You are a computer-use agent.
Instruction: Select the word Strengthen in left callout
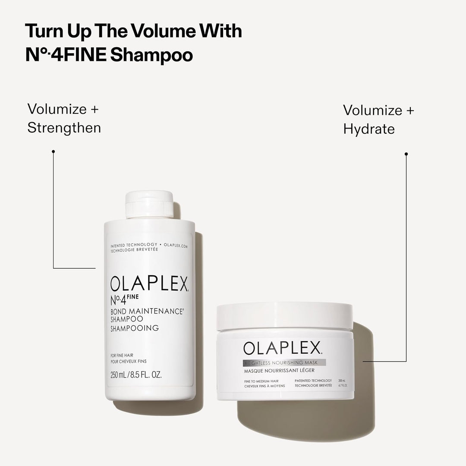click(64, 128)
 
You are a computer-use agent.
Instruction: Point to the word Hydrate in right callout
click(369, 129)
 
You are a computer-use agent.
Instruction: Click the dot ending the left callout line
click(53, 151)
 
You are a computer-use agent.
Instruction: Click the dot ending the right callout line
click(406, 154)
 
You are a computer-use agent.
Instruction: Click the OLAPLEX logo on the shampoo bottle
click(149, 285)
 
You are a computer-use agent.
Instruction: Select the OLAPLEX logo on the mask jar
click(283, 348)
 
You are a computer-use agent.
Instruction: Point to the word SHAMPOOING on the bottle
click(134, 328)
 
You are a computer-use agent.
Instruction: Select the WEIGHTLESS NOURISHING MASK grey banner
click(285, 362)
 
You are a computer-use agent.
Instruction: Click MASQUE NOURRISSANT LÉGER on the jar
click(279, 370)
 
